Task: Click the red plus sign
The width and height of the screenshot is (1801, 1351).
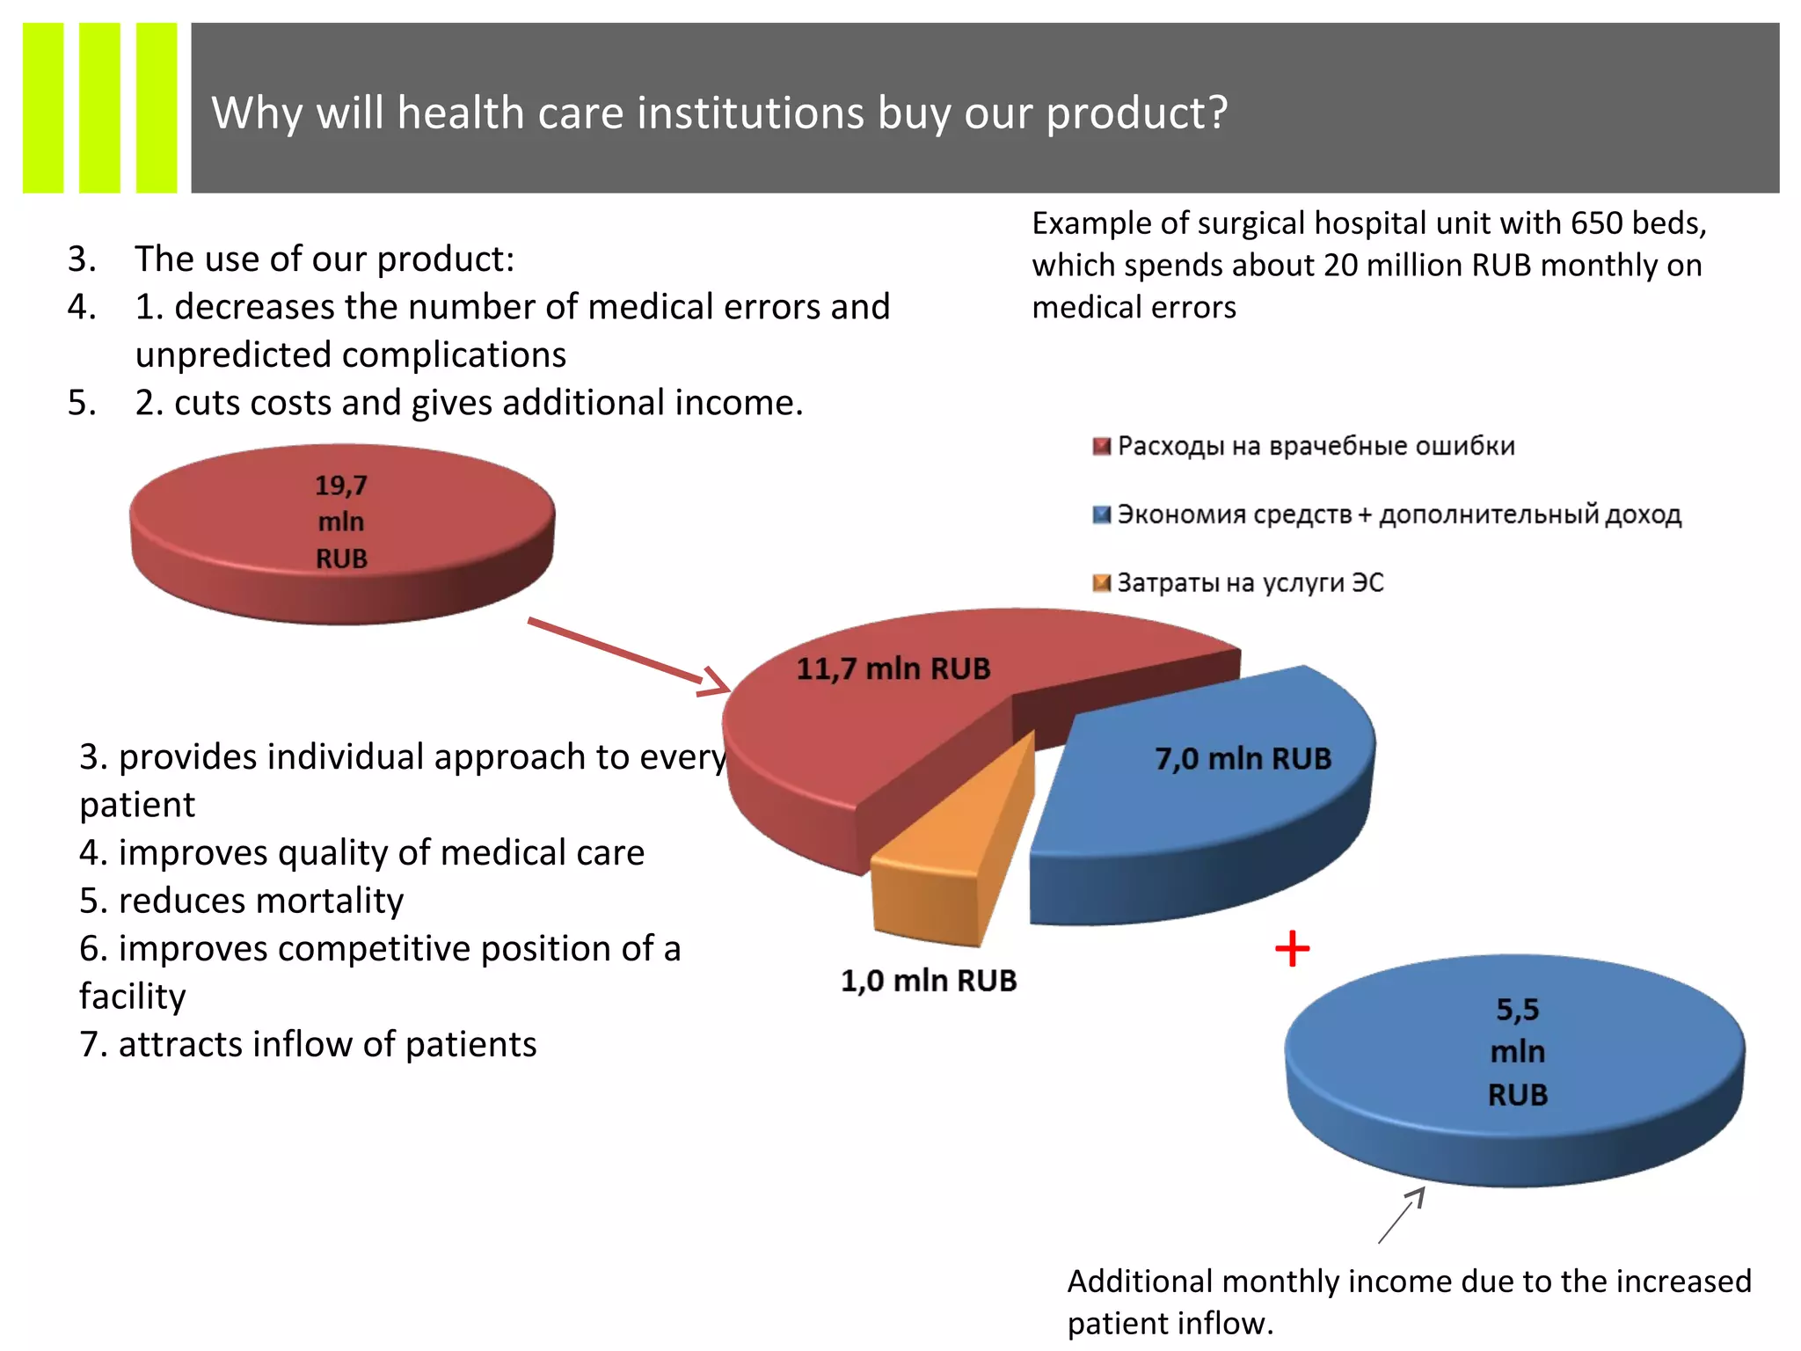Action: (1292, 949)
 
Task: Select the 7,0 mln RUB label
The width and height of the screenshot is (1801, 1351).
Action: (1243, 758)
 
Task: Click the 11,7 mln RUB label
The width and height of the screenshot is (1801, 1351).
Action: (893, 668)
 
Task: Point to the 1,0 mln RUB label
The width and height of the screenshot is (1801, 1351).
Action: (929, 980)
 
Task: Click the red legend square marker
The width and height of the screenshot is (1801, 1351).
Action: (1101, 447)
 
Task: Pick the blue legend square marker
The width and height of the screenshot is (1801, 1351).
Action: (1101, 515)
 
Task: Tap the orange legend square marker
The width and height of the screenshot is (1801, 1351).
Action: (1101, 583)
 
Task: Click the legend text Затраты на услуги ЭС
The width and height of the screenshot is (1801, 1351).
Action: (1250, 583)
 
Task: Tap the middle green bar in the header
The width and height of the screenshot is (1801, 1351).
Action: (99, 107)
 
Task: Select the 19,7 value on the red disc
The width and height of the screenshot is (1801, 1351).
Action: (341, 486)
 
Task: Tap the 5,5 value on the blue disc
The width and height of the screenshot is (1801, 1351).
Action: (1517, 1010)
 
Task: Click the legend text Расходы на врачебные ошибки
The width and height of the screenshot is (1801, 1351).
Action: (1316, 447)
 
